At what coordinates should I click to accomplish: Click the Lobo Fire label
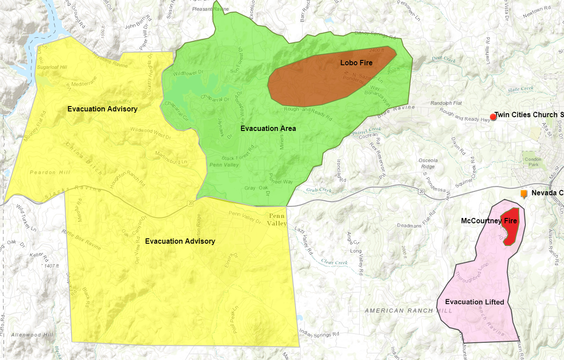[356, 63]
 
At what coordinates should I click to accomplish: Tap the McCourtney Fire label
[489, 221]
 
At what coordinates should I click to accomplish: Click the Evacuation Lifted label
[474, 302]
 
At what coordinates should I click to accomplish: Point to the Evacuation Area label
[268, 129]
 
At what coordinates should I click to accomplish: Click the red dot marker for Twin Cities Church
[493, 117]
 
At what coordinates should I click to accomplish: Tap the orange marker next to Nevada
[524, 194]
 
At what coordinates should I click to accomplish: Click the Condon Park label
[532, 162]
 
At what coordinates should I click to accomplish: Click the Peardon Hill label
[43, 172]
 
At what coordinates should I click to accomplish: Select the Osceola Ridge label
[428, 163]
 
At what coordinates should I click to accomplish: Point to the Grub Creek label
[319, 190]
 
